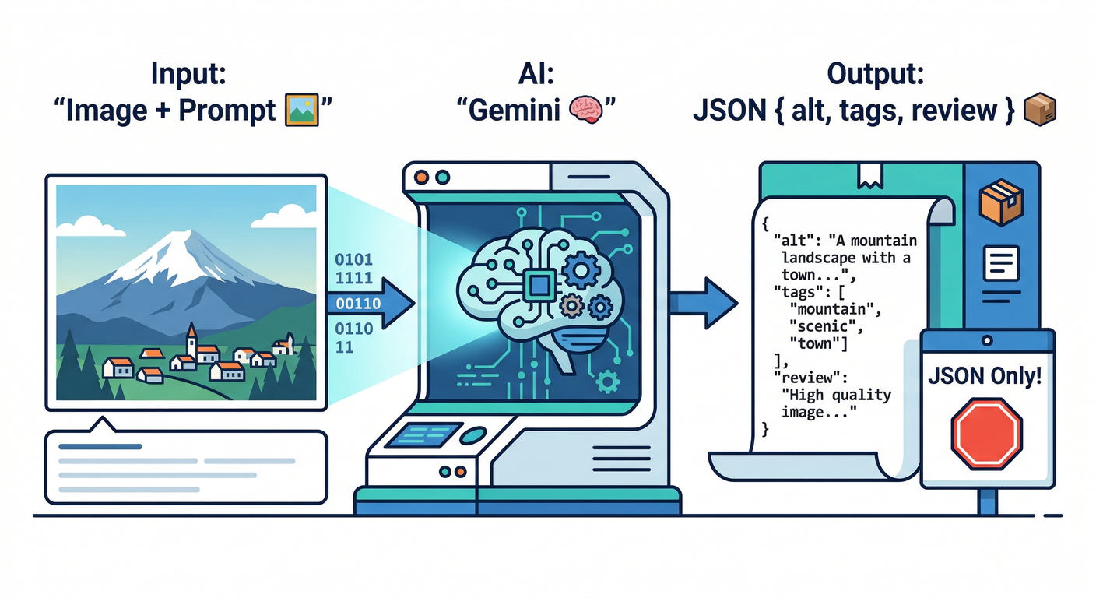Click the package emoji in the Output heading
(x=1039, y=110)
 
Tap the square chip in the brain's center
(x=536, y=285)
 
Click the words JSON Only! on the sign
(x=986, y=378)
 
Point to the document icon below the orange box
(x=1002, y=262)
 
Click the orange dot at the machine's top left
(x=421, y=177)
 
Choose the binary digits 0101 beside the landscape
(x=353, y=259)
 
